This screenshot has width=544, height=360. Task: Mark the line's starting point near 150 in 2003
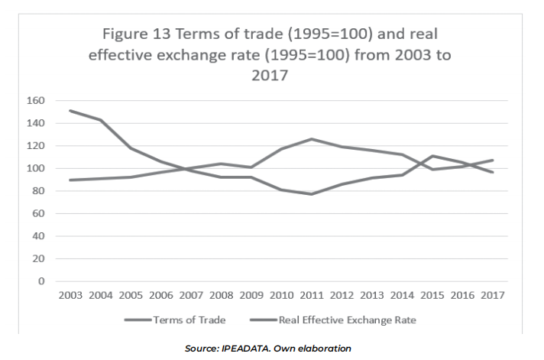pos(70,111)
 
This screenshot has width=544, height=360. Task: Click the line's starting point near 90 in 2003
pos(70,180)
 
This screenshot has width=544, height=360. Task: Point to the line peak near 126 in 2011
pos(312,139)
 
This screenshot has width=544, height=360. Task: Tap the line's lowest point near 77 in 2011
pos(312,194)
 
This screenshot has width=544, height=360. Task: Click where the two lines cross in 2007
pos(186,169)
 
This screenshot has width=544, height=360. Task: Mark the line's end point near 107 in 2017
pos(494,161)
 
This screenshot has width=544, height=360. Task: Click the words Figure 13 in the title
pos(137,35)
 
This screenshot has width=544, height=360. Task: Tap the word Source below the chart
pos(201,349)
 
